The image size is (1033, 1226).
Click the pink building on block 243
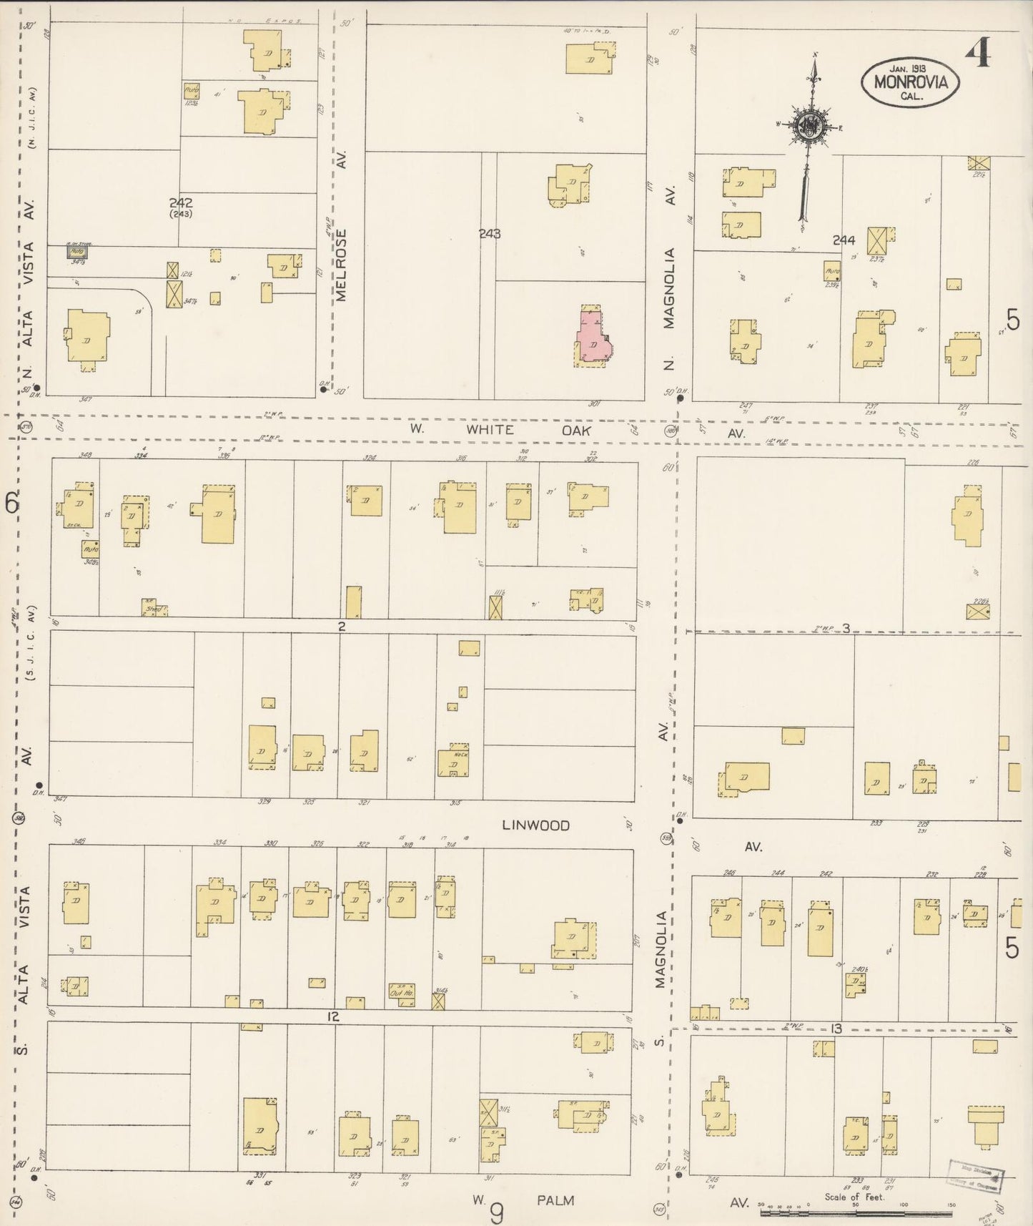pos(593,338)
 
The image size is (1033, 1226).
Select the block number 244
pos(844,240)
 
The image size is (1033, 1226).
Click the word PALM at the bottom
pos(555,1200)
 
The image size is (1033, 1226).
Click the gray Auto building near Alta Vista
pos(77,252)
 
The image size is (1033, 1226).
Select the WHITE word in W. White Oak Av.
pos(490,430)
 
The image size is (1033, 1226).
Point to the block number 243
pos(490,234)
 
